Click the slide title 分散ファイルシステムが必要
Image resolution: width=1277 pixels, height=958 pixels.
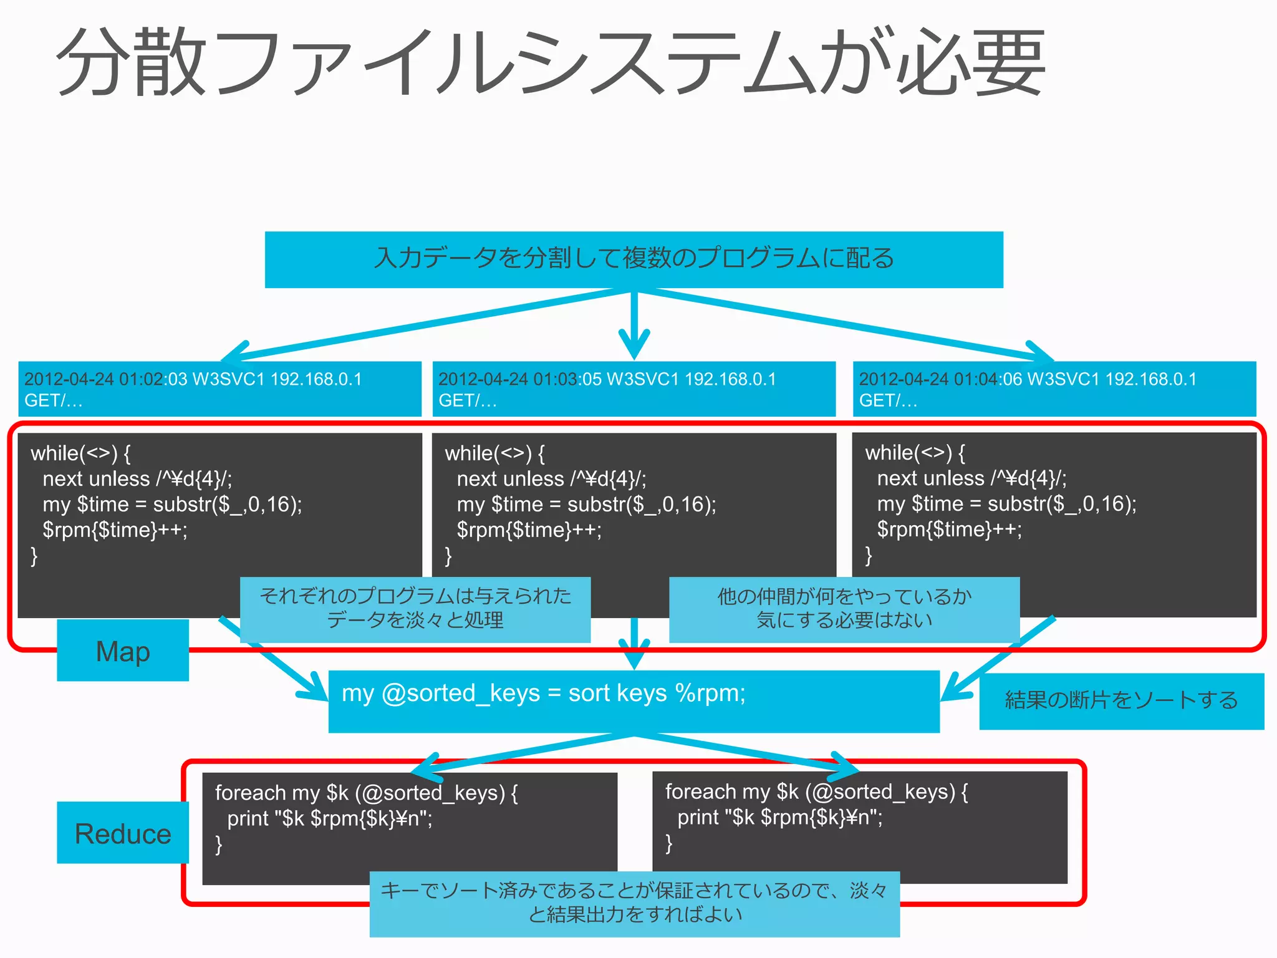point(552,62)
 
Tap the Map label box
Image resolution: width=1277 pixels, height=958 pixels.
point(123,651)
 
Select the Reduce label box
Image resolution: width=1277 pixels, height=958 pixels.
point(123,833)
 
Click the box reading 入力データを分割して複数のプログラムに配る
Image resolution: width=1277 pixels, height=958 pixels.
point(634,259)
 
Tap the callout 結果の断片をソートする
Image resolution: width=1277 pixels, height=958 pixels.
point(1121,700)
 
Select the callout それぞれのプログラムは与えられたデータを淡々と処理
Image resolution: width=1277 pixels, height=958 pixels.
point(415,609)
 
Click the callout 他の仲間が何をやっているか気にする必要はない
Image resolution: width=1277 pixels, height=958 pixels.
point(844,609)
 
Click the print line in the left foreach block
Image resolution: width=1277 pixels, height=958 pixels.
point(329,818)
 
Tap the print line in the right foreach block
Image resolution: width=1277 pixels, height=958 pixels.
point(779,817)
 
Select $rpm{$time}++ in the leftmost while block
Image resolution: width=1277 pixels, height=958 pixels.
point(115,530)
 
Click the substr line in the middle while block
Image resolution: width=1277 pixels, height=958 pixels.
point(586,504)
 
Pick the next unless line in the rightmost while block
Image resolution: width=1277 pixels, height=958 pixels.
point(971,478)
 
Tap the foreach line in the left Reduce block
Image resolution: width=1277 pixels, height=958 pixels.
point(366,793)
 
